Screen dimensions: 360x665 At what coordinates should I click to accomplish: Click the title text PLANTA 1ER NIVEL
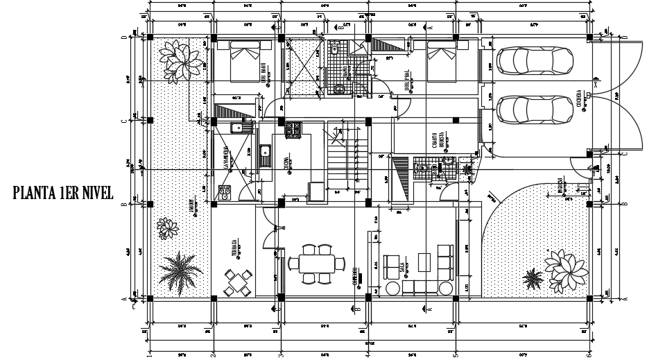click(x=62, y=194)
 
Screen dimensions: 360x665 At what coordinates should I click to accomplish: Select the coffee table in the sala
click(x=424, y=262)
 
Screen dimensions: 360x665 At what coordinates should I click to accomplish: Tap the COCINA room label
click(x=286, y=165)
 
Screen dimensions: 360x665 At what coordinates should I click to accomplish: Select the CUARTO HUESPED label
click(x=436, y=141)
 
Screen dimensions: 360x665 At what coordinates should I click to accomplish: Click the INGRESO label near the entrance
click(x=559, y=187)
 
